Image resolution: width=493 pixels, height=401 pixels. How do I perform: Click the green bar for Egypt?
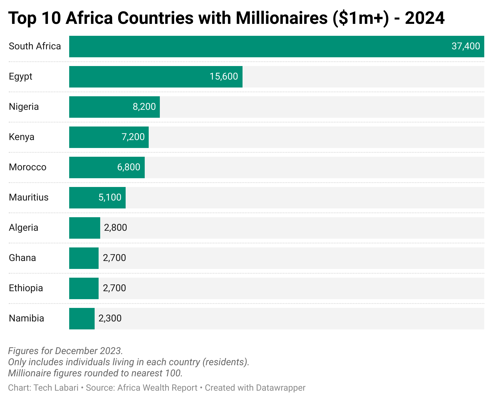point(156,77)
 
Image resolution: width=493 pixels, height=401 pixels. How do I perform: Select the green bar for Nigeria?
point(114,107)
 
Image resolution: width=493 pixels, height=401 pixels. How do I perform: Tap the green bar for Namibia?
point(82,319)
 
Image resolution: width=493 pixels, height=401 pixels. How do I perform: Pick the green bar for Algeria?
point(85,228)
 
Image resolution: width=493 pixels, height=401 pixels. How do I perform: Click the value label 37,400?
point(466,46)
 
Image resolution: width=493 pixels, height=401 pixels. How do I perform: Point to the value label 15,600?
point(224,77)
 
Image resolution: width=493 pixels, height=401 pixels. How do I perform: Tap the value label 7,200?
point(133,137)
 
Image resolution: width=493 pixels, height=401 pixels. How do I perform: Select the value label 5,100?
point(110,198)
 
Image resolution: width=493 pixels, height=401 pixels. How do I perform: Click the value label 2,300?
point(110,319)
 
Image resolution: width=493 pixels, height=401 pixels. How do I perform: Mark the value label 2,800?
point(116,228)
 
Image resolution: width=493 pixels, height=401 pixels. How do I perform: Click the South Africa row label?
point(35,46)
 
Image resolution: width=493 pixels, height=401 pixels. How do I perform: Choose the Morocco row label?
point(28,167)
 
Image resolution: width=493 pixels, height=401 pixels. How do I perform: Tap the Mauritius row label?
point(29,198)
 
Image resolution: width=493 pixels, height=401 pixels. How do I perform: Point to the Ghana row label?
point(22,258)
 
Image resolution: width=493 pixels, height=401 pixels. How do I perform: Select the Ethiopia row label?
point(26,288)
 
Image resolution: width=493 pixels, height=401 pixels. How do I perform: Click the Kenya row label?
point(21,137)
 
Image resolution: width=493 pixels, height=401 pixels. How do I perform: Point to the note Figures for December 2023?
point(65,351)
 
